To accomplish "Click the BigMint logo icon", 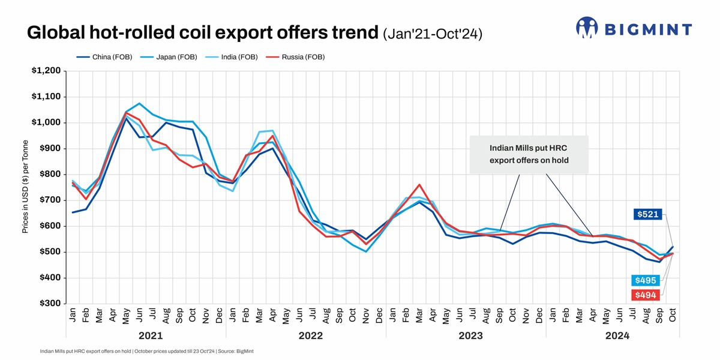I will [587, 27].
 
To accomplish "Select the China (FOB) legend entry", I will [102, 57].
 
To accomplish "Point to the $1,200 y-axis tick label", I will [46, 71].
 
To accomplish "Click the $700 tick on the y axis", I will [48, 200].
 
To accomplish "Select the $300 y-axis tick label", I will [48, 304].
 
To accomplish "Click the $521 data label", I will [648, 214].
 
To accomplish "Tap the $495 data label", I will [646, 281].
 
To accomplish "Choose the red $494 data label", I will [646, 295].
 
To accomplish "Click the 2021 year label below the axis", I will [151, 336].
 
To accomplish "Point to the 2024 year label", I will [617, 336].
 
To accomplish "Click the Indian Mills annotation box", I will [529, 154].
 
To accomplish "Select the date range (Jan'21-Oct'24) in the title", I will [433, 34].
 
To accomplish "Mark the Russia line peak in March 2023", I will [419, 185].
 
